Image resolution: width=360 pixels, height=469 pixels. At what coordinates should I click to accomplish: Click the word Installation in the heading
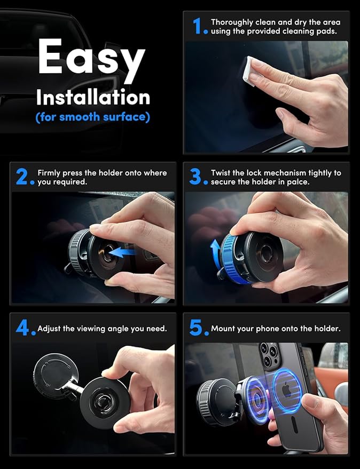[x=92, y=98]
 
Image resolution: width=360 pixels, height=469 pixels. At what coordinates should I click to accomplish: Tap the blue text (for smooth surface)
[x=92, y=117]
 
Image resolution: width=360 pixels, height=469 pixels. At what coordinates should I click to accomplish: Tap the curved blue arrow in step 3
[x=214, y=251]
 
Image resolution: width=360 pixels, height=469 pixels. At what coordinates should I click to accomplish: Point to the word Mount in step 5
[x=223, y=329]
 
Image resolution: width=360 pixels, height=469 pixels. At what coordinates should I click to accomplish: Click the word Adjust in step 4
[x=50, y=329]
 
